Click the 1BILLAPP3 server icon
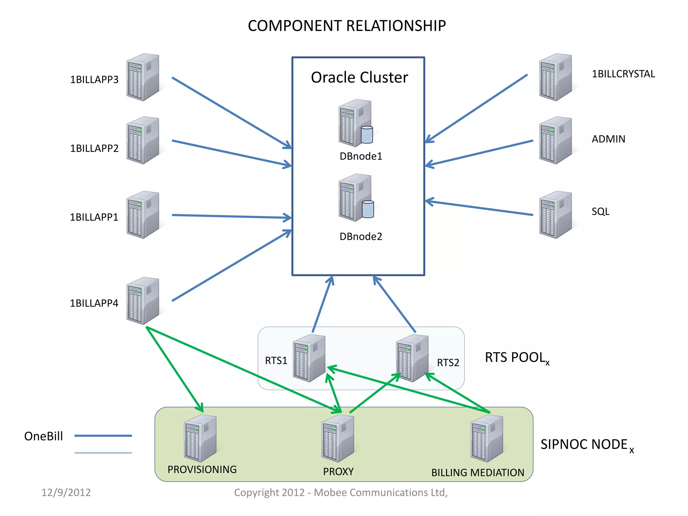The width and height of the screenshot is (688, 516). [x=143, y=77]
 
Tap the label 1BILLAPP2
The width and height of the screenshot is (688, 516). [x=94, y=148]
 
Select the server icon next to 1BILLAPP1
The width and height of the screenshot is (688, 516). [x=143, y=215]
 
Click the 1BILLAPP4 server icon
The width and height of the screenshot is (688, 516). [x=143, y=301]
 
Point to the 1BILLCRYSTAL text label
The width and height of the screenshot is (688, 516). [x=623, y=74]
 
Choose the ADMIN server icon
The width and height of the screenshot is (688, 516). [x=555, y=140]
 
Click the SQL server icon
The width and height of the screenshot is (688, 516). [x=555, y=215]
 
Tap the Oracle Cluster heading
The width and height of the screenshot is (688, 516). [x=359, y=78]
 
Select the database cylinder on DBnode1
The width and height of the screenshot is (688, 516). [x=367, y=135]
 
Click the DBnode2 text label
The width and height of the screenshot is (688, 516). [x=361, y=236]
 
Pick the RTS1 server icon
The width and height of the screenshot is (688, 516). [x=309, y=358]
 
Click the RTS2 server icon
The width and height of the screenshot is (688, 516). [x=412, y=358]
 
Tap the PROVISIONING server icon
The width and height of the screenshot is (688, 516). [x=200, y=438]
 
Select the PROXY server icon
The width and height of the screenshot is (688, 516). [x=338, y=438]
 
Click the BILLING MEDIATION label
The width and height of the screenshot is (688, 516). [x=477, y=473]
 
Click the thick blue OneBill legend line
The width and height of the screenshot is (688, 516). [x=103, y=436]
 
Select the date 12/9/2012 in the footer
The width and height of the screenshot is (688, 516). [x=66, y=492]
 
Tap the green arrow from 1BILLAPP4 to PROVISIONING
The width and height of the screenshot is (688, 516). [x=175, y=370]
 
